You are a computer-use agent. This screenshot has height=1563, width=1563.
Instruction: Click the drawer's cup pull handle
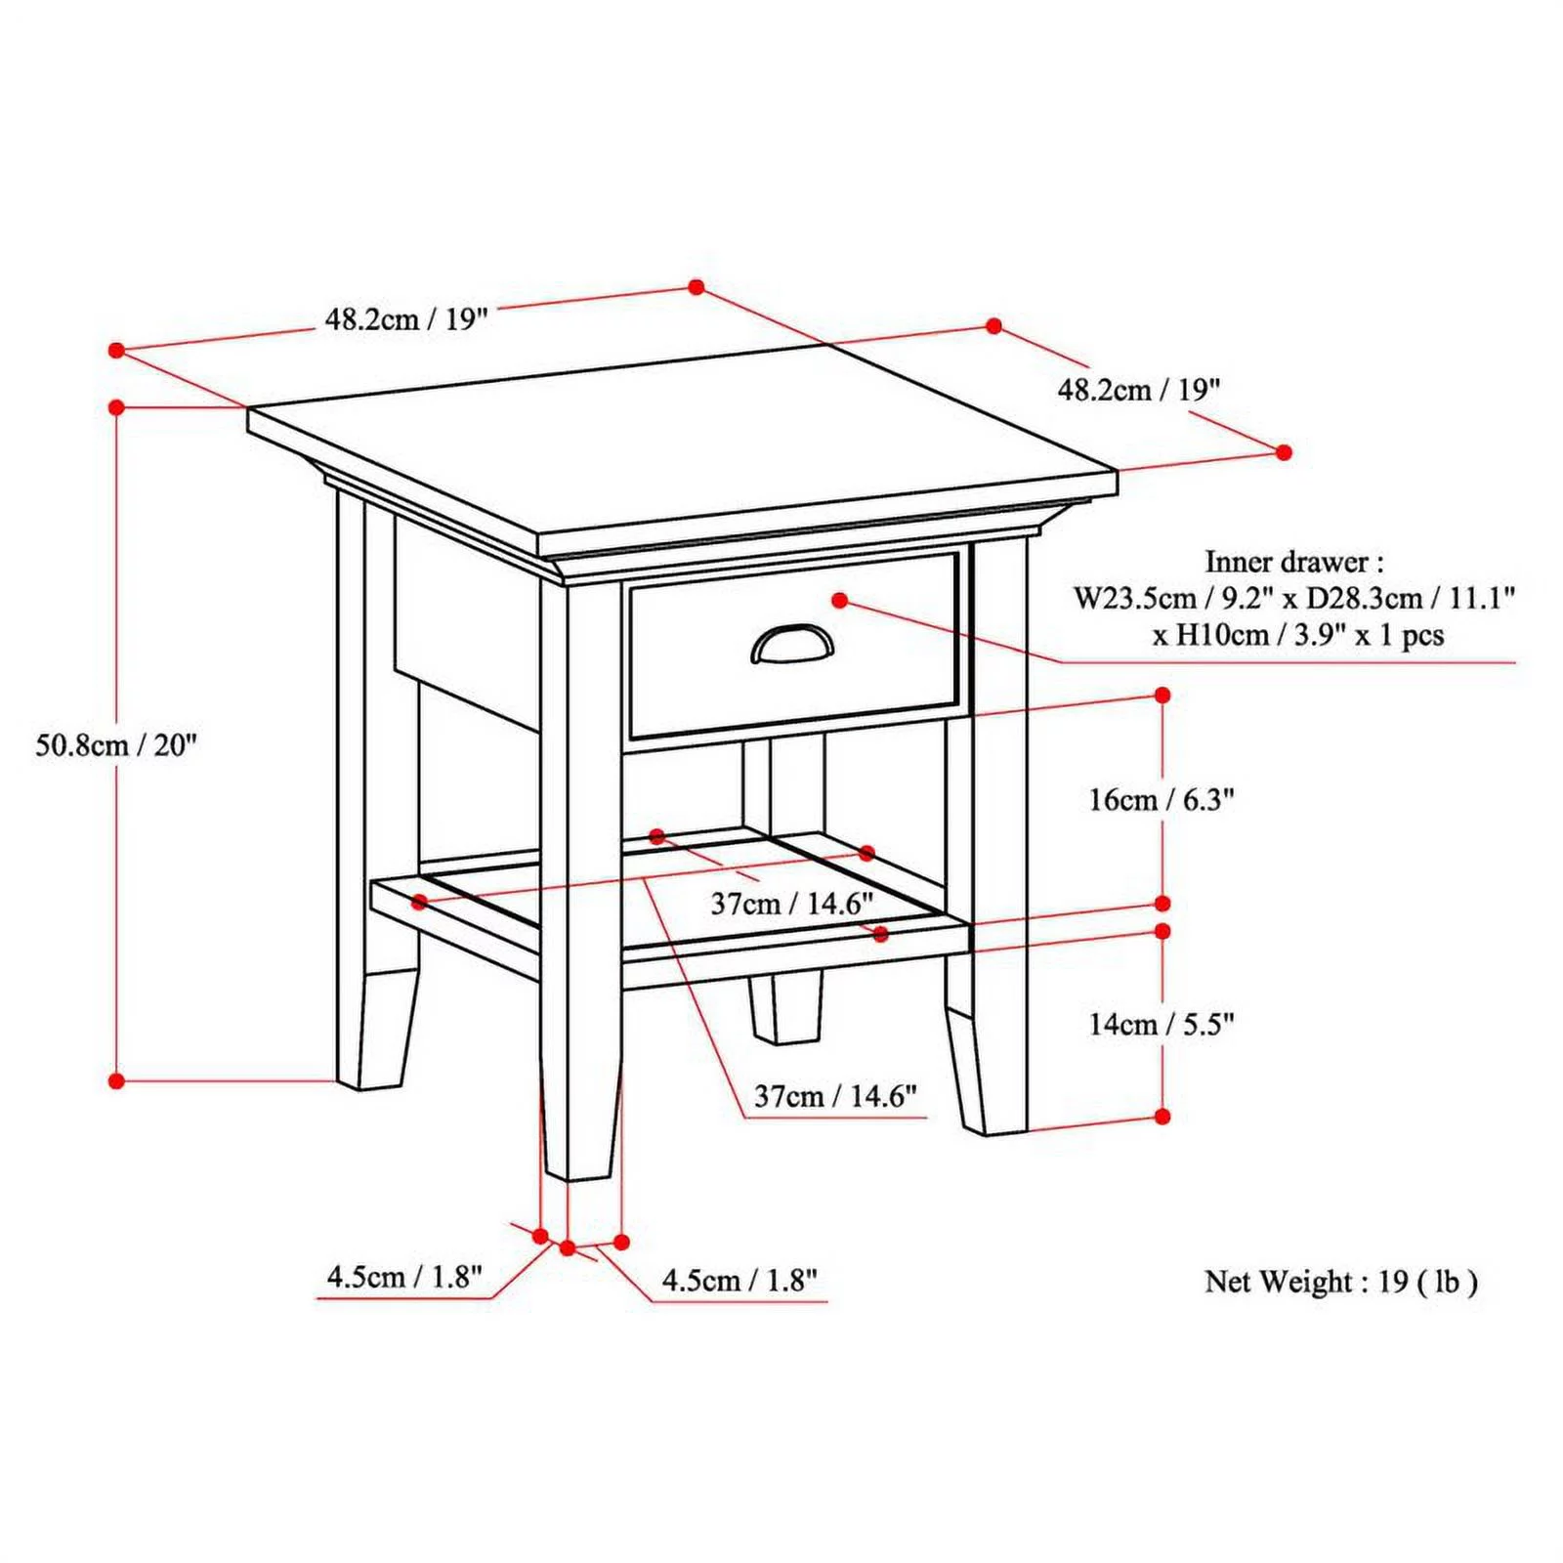point(792,646)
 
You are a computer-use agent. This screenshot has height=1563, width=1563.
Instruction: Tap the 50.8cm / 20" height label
point(116,745)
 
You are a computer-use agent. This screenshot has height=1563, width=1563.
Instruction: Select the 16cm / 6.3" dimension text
point(1162,800)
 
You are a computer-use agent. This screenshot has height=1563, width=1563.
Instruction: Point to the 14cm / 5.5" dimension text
point(1162,1024)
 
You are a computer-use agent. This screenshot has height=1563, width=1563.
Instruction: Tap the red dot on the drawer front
point(840,600)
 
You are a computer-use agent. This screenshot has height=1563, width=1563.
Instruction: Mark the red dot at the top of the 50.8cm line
point(116,406)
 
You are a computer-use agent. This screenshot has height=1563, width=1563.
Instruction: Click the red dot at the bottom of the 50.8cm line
point(116,1080)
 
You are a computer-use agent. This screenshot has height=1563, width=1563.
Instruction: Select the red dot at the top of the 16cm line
point(1162,695)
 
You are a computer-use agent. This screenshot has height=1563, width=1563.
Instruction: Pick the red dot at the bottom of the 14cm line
point(1162,1116)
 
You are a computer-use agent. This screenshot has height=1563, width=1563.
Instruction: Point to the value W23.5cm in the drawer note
point(1134,598)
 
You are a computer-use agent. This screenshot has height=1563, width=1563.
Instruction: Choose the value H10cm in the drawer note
point(1220,635)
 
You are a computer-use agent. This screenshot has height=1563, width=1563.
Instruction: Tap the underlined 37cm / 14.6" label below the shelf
point(835,1096)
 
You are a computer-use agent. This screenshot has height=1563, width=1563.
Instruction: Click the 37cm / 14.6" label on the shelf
point(791,904)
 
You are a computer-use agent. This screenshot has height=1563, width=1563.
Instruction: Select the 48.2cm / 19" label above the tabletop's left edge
point(405,319)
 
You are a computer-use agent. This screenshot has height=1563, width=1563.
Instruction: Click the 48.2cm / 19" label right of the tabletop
point(1138,391)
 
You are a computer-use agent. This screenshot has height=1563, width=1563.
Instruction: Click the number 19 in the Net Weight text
point(1393,1281)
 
